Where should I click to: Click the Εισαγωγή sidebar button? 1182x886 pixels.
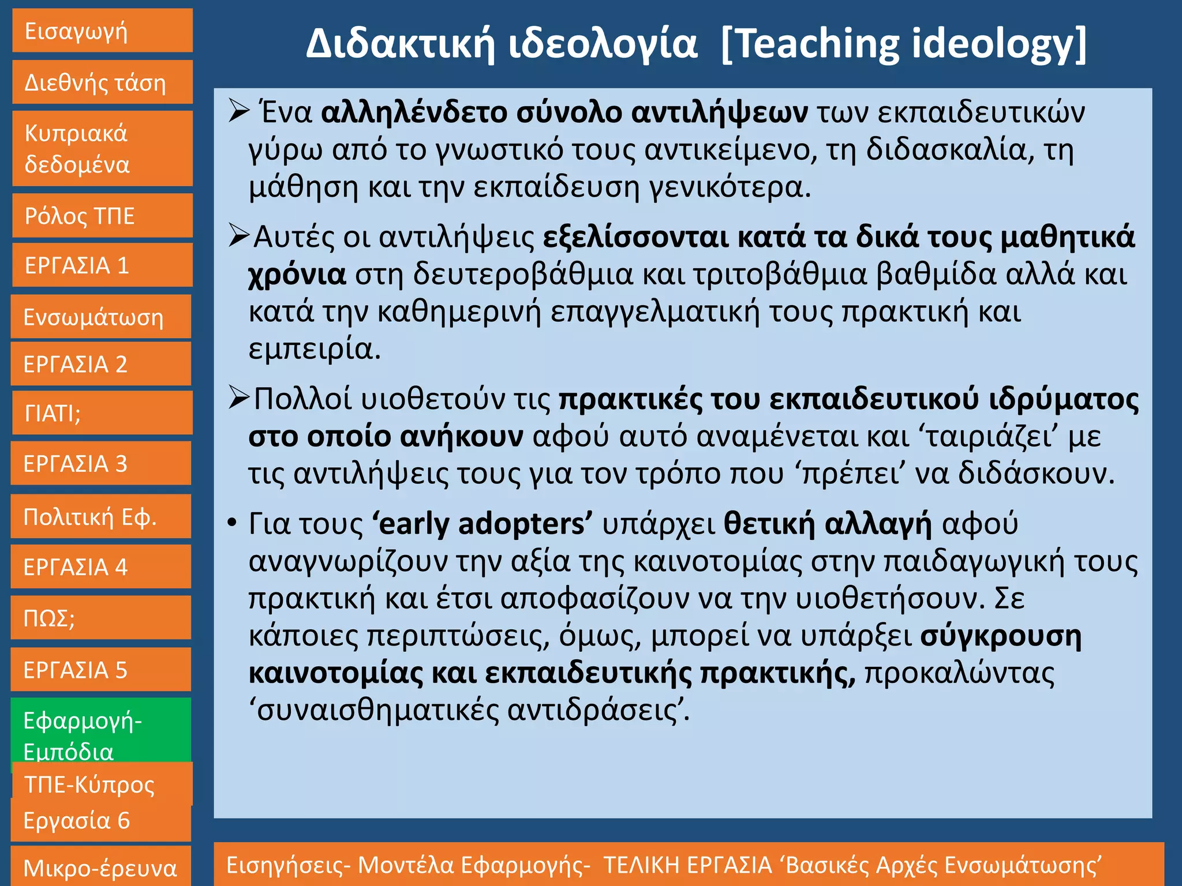(x=102, y=31)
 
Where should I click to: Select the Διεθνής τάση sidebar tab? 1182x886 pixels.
(x=102, y=82)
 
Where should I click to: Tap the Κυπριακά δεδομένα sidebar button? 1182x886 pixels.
(x=102, y=149)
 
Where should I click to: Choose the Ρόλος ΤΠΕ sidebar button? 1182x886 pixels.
(x=102, y=216)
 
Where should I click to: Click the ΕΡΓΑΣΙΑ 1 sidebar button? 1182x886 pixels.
(x=102, y=265)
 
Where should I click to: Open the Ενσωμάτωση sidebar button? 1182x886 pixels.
(x=101, y=317)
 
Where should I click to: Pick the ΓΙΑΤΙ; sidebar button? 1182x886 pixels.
(x=102, y=413)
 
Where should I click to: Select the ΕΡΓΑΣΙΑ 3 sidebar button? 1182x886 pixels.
(x=101, y=464)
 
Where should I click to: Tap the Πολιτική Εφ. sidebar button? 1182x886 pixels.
(x=101, y=517)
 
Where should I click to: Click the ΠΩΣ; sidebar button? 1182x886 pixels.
(x=101, y=618)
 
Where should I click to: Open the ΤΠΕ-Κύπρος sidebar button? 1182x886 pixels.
(x=102, y=784)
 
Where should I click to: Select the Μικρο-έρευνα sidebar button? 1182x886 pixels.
(x=101, y=867)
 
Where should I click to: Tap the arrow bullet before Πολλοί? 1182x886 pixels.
(x=238, y=398)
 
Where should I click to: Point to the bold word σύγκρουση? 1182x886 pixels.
(x=1001, y=636)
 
